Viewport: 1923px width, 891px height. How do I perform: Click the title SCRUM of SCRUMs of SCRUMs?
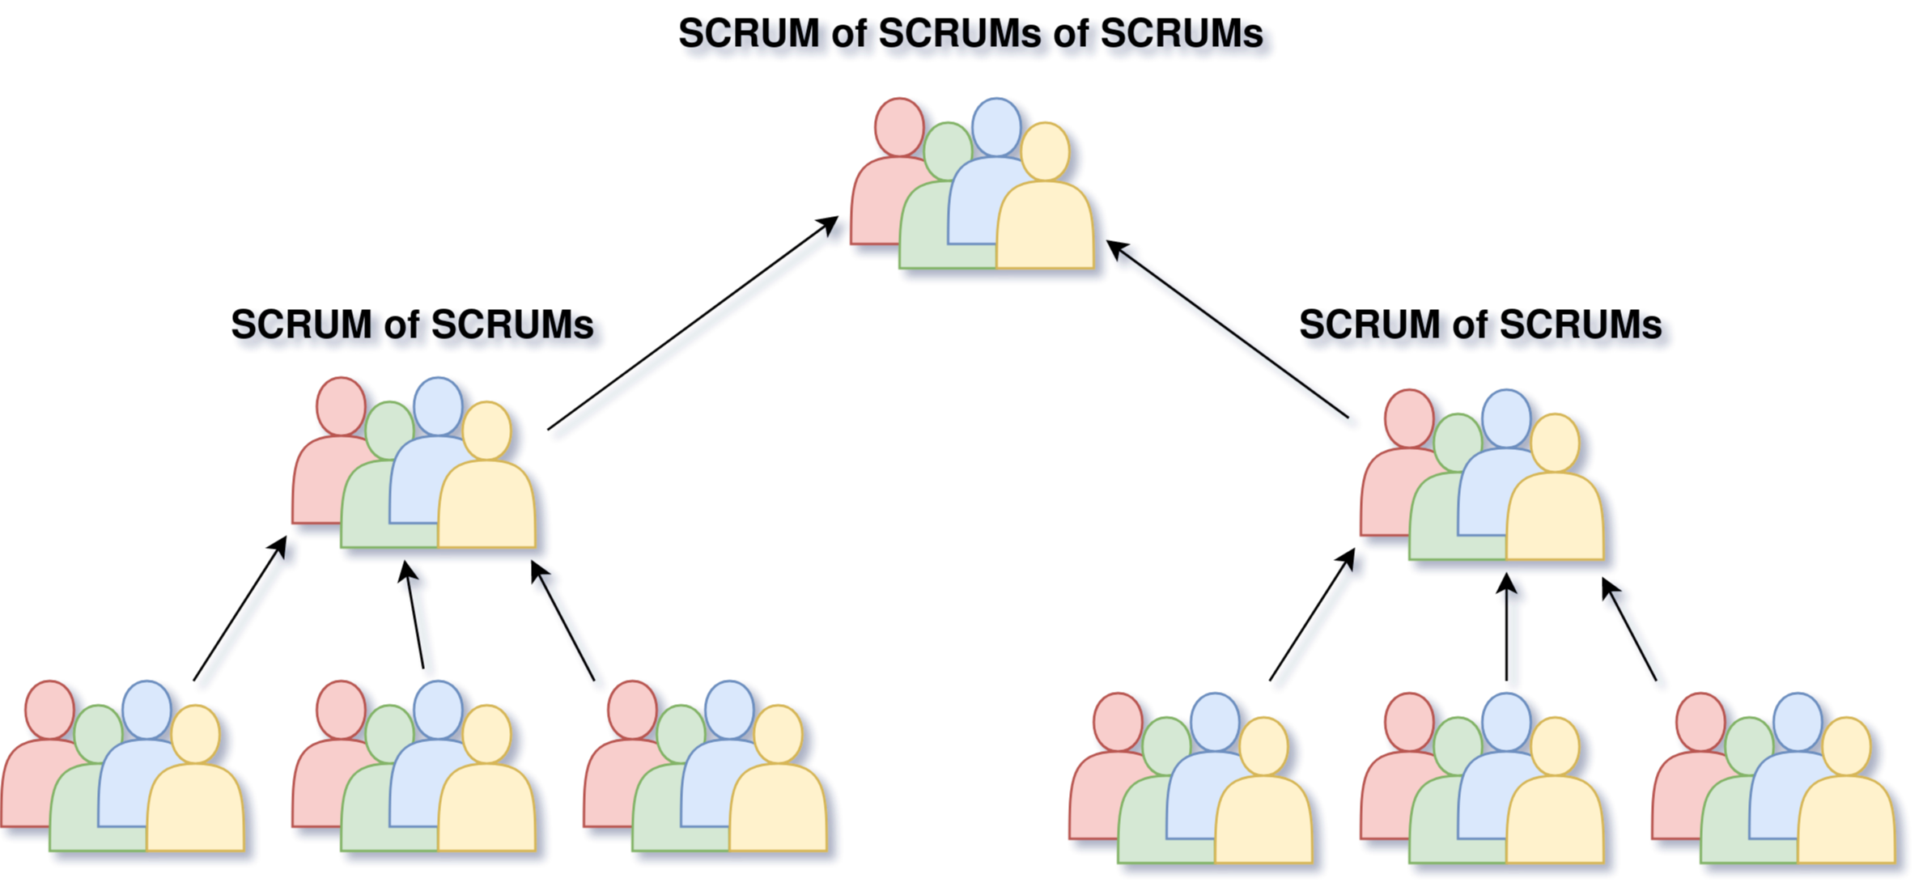972,36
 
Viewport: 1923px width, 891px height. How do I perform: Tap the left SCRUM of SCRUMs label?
414,326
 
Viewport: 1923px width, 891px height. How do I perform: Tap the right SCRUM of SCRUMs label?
1483,326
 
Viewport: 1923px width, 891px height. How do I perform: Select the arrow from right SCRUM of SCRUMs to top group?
1234,337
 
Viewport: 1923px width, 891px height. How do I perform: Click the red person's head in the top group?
899,126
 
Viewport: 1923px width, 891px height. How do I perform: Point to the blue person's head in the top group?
996,125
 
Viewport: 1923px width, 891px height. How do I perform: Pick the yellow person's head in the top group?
1045,151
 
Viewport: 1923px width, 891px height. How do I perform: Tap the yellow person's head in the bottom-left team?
196,733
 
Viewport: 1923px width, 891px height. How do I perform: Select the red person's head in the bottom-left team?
49,709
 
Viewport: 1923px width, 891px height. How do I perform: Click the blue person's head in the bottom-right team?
1798,720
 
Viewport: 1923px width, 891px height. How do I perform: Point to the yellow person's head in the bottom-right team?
1847,745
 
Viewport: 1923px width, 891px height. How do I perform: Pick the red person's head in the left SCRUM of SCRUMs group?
341,405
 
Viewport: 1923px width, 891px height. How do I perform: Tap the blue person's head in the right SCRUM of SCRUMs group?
1506,418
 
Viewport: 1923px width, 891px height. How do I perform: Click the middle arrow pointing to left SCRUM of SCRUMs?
422,623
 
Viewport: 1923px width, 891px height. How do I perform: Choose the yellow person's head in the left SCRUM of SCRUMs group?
487,430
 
